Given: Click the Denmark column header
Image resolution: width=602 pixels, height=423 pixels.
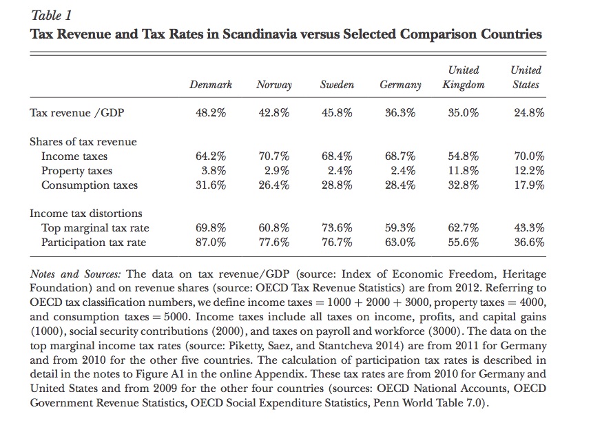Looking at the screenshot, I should (211, 85).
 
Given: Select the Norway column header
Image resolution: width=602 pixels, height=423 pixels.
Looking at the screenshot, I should (273, 85).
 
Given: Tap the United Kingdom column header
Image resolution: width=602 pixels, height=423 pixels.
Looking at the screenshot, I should (463, 77).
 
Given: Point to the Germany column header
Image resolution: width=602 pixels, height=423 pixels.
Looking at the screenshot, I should (400, 85).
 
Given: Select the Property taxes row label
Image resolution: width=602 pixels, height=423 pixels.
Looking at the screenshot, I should (76, 171).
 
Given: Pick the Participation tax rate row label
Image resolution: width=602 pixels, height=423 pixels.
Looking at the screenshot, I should (94, 243).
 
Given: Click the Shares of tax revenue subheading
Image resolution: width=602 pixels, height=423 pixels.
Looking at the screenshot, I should (83, 142).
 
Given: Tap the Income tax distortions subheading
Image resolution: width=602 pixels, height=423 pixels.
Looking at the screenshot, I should (85, 214).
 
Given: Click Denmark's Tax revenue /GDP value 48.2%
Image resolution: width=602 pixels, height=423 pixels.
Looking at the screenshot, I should (211, 114).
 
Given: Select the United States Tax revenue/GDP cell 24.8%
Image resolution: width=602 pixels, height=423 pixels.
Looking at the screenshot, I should (529, 114).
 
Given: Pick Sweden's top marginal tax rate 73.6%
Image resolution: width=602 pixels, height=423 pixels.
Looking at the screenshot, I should (337, 228).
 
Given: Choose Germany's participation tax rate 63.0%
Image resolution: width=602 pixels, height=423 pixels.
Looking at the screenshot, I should (400, 243).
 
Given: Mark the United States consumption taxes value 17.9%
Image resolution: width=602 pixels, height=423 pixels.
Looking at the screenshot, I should (529, 185).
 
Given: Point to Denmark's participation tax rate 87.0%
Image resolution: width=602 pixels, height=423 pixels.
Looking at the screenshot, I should (211, 243).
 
